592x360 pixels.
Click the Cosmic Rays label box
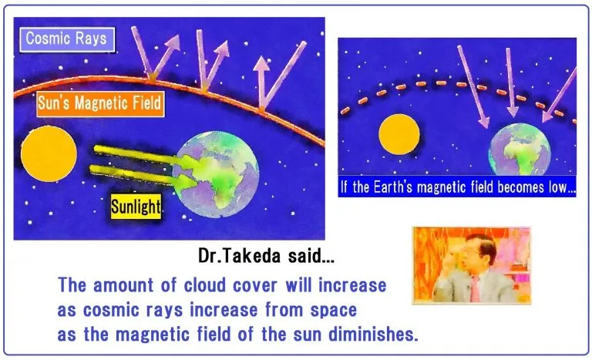[x=67, y=39]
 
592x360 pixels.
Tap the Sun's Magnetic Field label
[x=100, y=103]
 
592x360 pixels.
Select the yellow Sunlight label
[x=136, y=207]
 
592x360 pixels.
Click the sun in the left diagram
[x=49, y=153]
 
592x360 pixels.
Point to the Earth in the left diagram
[x=216, y=174]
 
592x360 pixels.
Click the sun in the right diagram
[x=399, y=134]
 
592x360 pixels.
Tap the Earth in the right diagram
[x=520, y=150]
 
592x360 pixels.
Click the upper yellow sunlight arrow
[x=146, y=156]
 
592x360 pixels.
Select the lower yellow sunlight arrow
[x=143, y=176]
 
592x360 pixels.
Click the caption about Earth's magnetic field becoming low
[x=457, y=187]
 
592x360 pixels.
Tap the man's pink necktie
[x=474, y=288]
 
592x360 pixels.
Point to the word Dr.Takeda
[x=240, y=256]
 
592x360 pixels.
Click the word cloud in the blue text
[x=204, y=285]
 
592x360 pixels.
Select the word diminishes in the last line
[x=373, y=334]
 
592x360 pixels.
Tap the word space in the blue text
[x=333, y=311]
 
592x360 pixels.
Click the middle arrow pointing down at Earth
[x=511, y=82]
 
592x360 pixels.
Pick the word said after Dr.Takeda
[x=311, y=256]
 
